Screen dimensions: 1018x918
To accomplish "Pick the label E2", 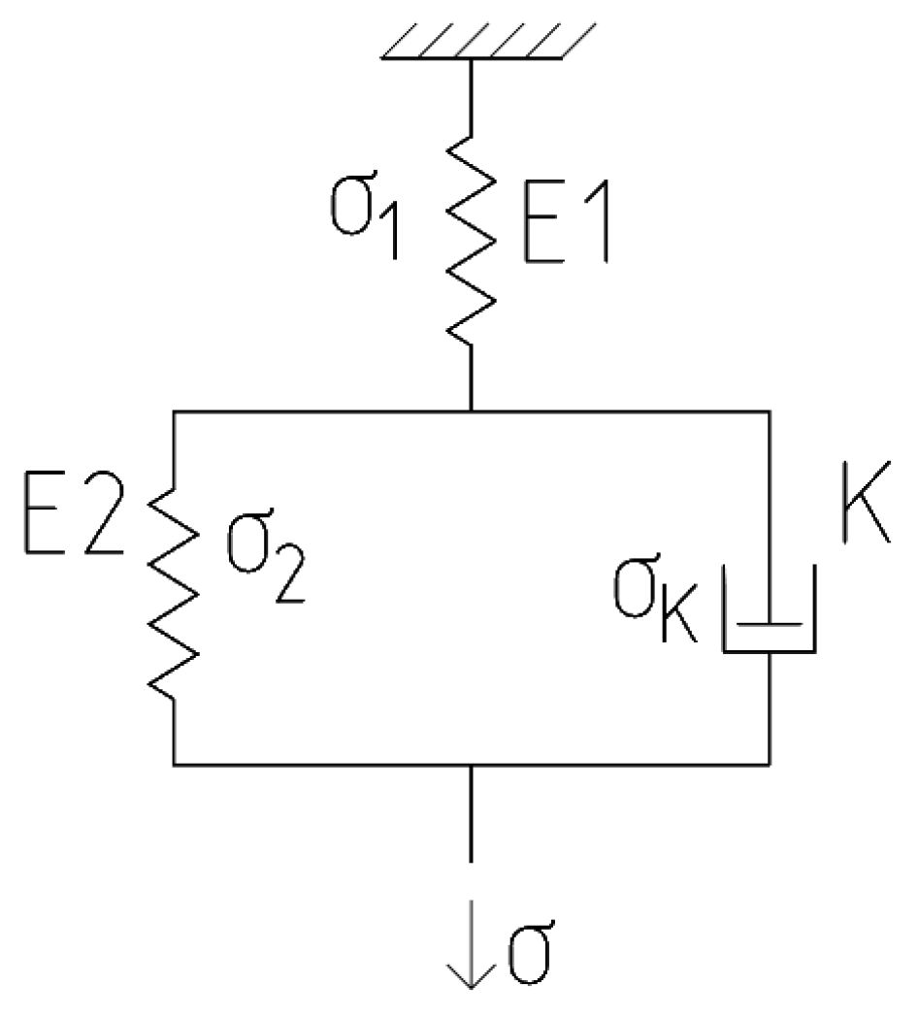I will (x=72, y=523).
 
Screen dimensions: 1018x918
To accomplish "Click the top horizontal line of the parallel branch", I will (x=320, y=412).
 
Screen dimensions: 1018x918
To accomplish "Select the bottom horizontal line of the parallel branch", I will (x=320, y=764).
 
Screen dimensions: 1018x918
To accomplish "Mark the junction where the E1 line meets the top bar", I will (x=472, y=412).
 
